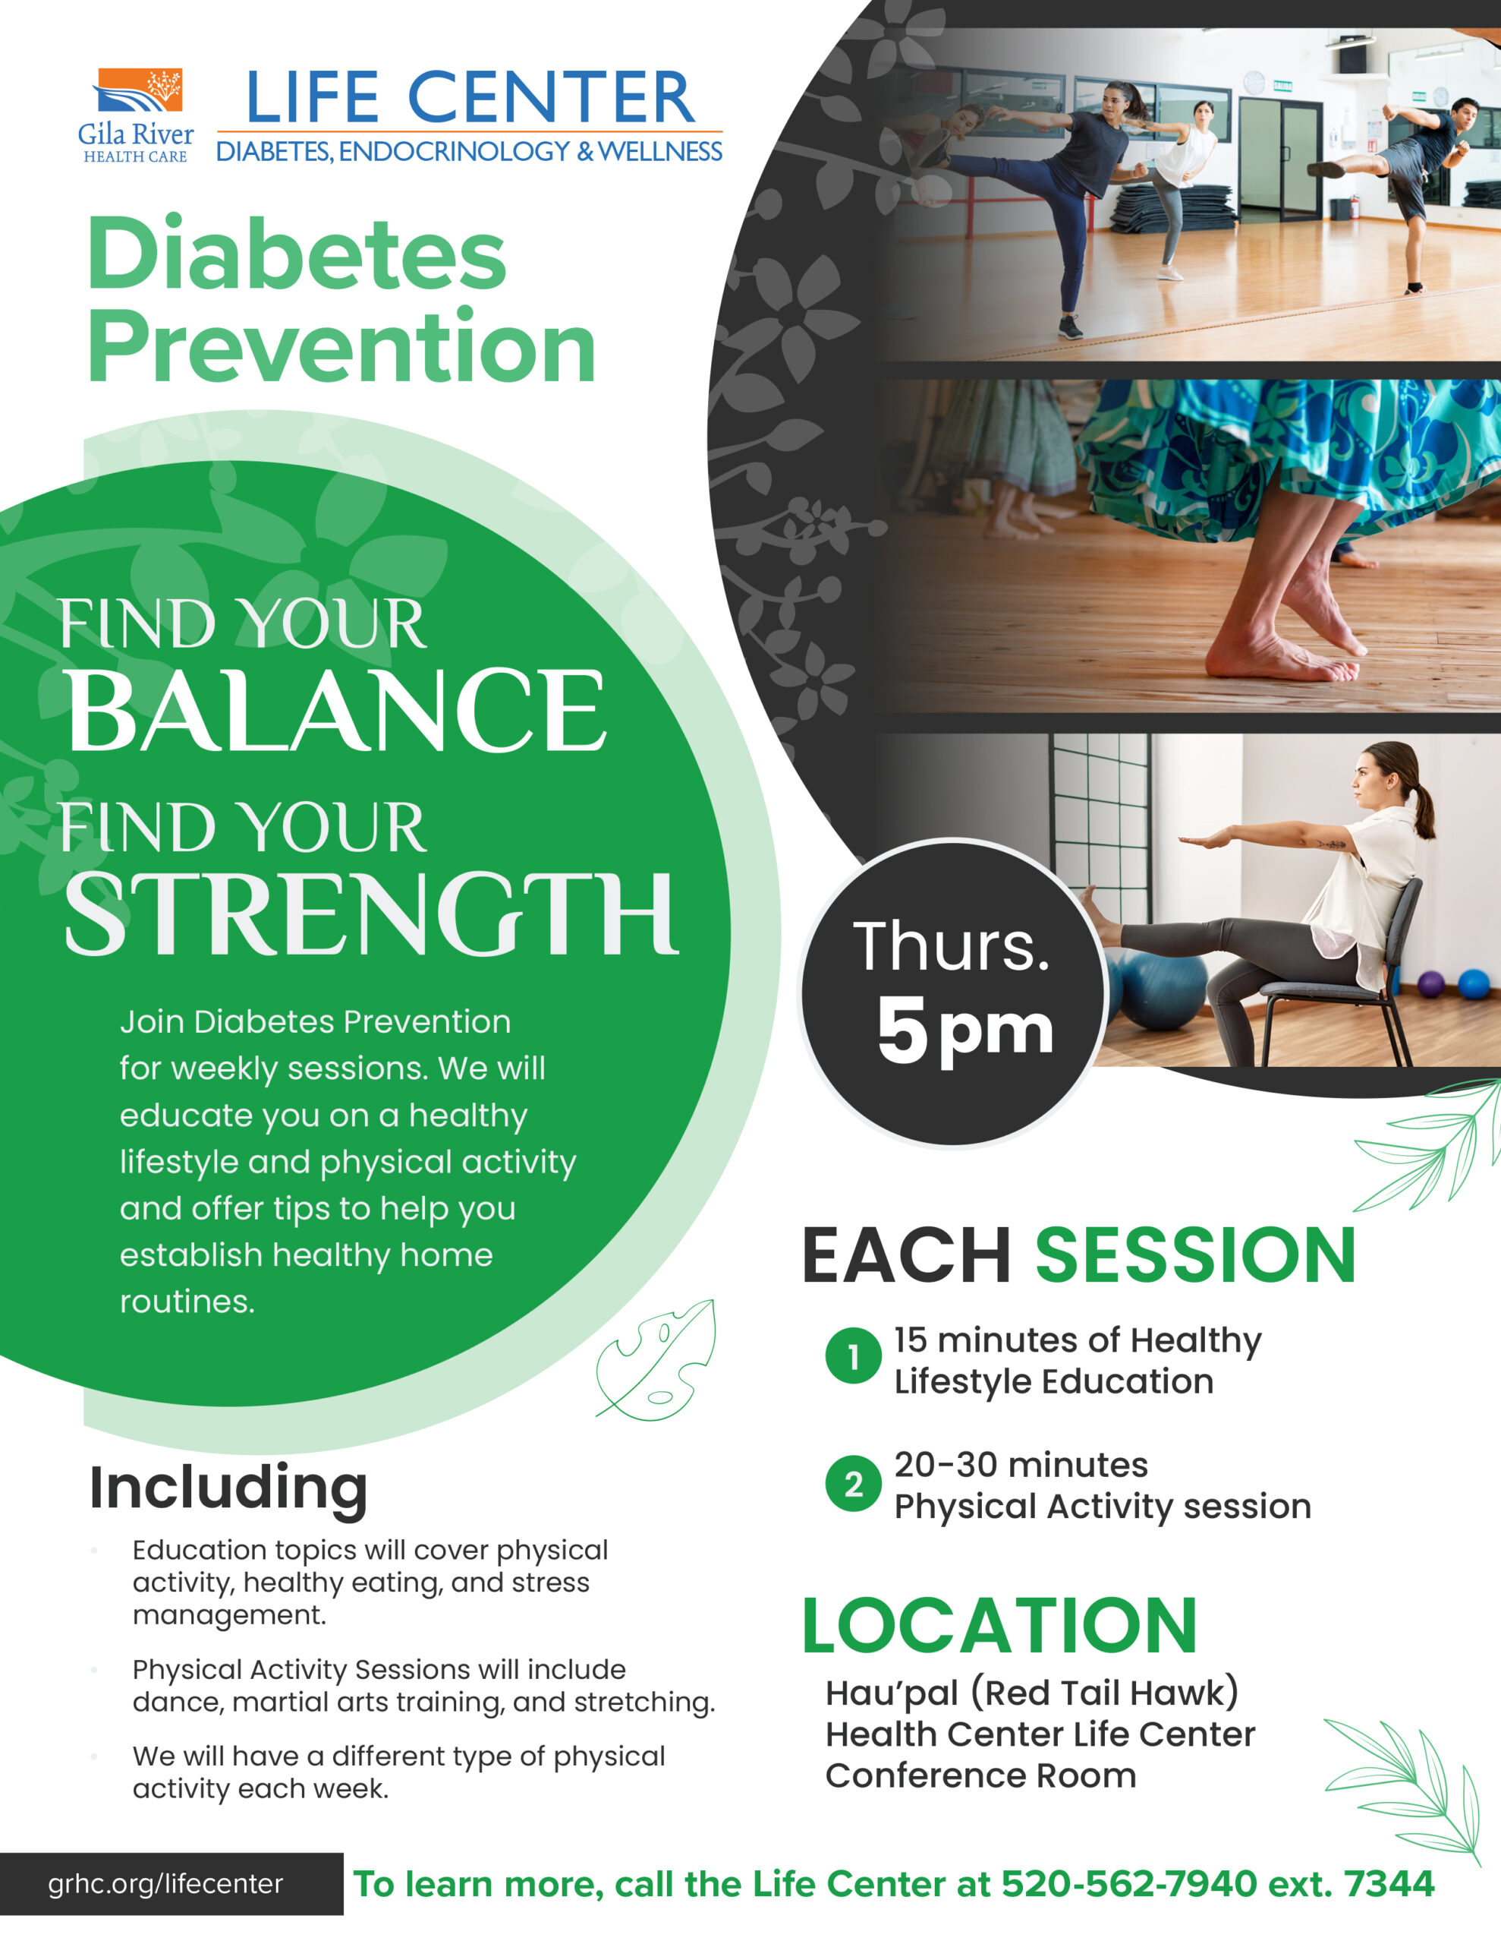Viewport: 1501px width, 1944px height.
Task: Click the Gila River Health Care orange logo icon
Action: click(138, 91)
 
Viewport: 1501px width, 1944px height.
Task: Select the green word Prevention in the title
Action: click(341, 347)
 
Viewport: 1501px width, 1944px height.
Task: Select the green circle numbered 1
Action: click(853, 1355)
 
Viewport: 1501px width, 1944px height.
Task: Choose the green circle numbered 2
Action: click(853, 1484)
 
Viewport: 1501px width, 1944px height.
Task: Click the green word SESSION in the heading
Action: click(1195, 1255)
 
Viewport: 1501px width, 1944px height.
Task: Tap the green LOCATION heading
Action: click(999, 1625)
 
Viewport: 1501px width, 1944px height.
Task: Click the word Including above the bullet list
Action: click(228, 1488)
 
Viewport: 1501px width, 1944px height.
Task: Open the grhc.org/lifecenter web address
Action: click(165, 1883)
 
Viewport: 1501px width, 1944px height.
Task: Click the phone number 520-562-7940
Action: click(1128, 1883)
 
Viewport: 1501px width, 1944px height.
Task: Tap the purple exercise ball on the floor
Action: click(1430, 984)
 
